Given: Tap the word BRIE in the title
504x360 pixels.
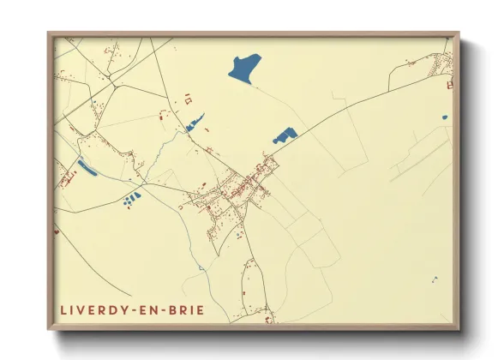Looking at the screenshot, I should [187, 309].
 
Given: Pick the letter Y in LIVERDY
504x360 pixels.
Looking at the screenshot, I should [122, 309].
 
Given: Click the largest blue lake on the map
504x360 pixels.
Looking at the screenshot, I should [245, 68].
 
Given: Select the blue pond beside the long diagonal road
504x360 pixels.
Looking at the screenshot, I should [284, 135].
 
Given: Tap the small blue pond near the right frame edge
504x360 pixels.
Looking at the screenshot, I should [444, 117].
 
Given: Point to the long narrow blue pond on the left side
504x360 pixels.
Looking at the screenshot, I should [87, 166].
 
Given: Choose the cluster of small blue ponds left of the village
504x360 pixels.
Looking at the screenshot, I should [131, 200].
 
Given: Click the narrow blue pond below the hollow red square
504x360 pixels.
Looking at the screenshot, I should [195, 123].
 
